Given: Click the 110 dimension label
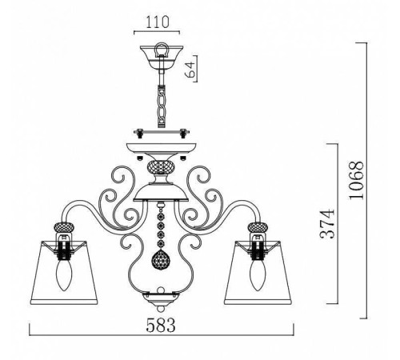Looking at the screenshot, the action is (x=158, y=22).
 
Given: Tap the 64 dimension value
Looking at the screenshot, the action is (x=190, y=69).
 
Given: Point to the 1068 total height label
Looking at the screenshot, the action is (x=356, y=180).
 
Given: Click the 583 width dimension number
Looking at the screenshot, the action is (x=161, y=325).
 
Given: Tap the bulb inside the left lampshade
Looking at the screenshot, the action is (x=63, y=274).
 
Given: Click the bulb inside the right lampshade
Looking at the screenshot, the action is (x=257, y=274).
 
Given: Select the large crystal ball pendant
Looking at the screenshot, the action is (x=161, y=259).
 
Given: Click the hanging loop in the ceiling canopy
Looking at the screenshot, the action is (x=162, y=50).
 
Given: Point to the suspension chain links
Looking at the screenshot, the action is (x=162, y=106).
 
